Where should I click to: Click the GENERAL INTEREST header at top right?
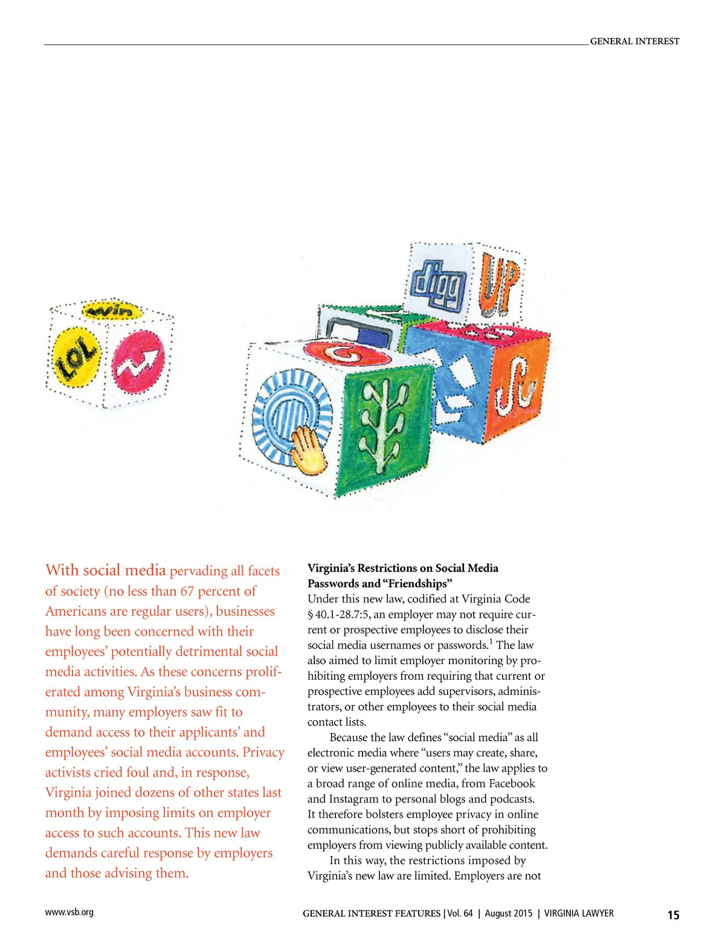(x=634, y=41)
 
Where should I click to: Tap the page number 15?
(x=673, y=915)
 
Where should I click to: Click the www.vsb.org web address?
(x=69, y=912)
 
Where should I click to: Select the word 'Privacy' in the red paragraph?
(x=263, y=752)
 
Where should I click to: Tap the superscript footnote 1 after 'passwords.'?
(x=491, y=642)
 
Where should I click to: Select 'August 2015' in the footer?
(x=509, y=914)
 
